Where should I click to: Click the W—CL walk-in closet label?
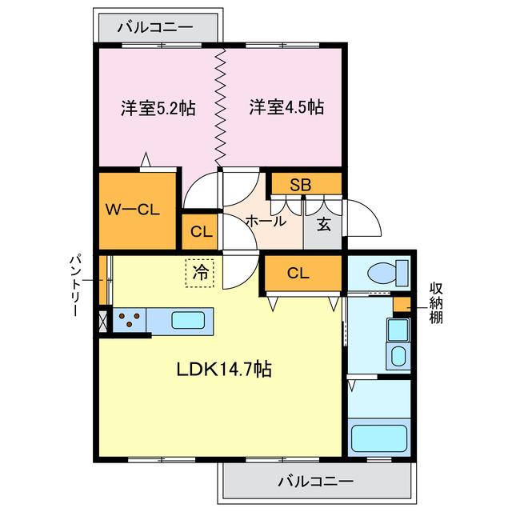[134, 210]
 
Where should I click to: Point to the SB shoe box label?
[300, 185]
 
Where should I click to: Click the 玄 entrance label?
[323, 224]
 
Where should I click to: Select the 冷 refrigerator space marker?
[202, 272]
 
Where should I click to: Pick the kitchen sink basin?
[190, 321]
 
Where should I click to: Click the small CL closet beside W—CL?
[202, 233]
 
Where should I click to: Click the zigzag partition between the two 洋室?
[220, 108]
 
